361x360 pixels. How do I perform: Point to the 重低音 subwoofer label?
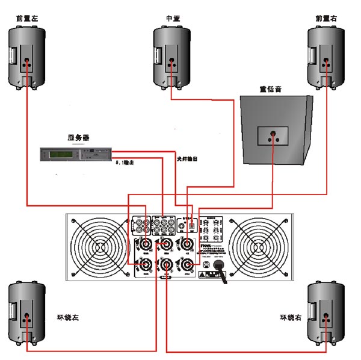[270, 88]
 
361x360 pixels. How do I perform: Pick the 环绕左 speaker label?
[59, 317]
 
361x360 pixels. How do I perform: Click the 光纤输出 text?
[187, 159]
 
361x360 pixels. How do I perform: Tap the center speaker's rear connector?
[173, 61]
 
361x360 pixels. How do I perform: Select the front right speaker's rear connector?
[327, 61]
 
